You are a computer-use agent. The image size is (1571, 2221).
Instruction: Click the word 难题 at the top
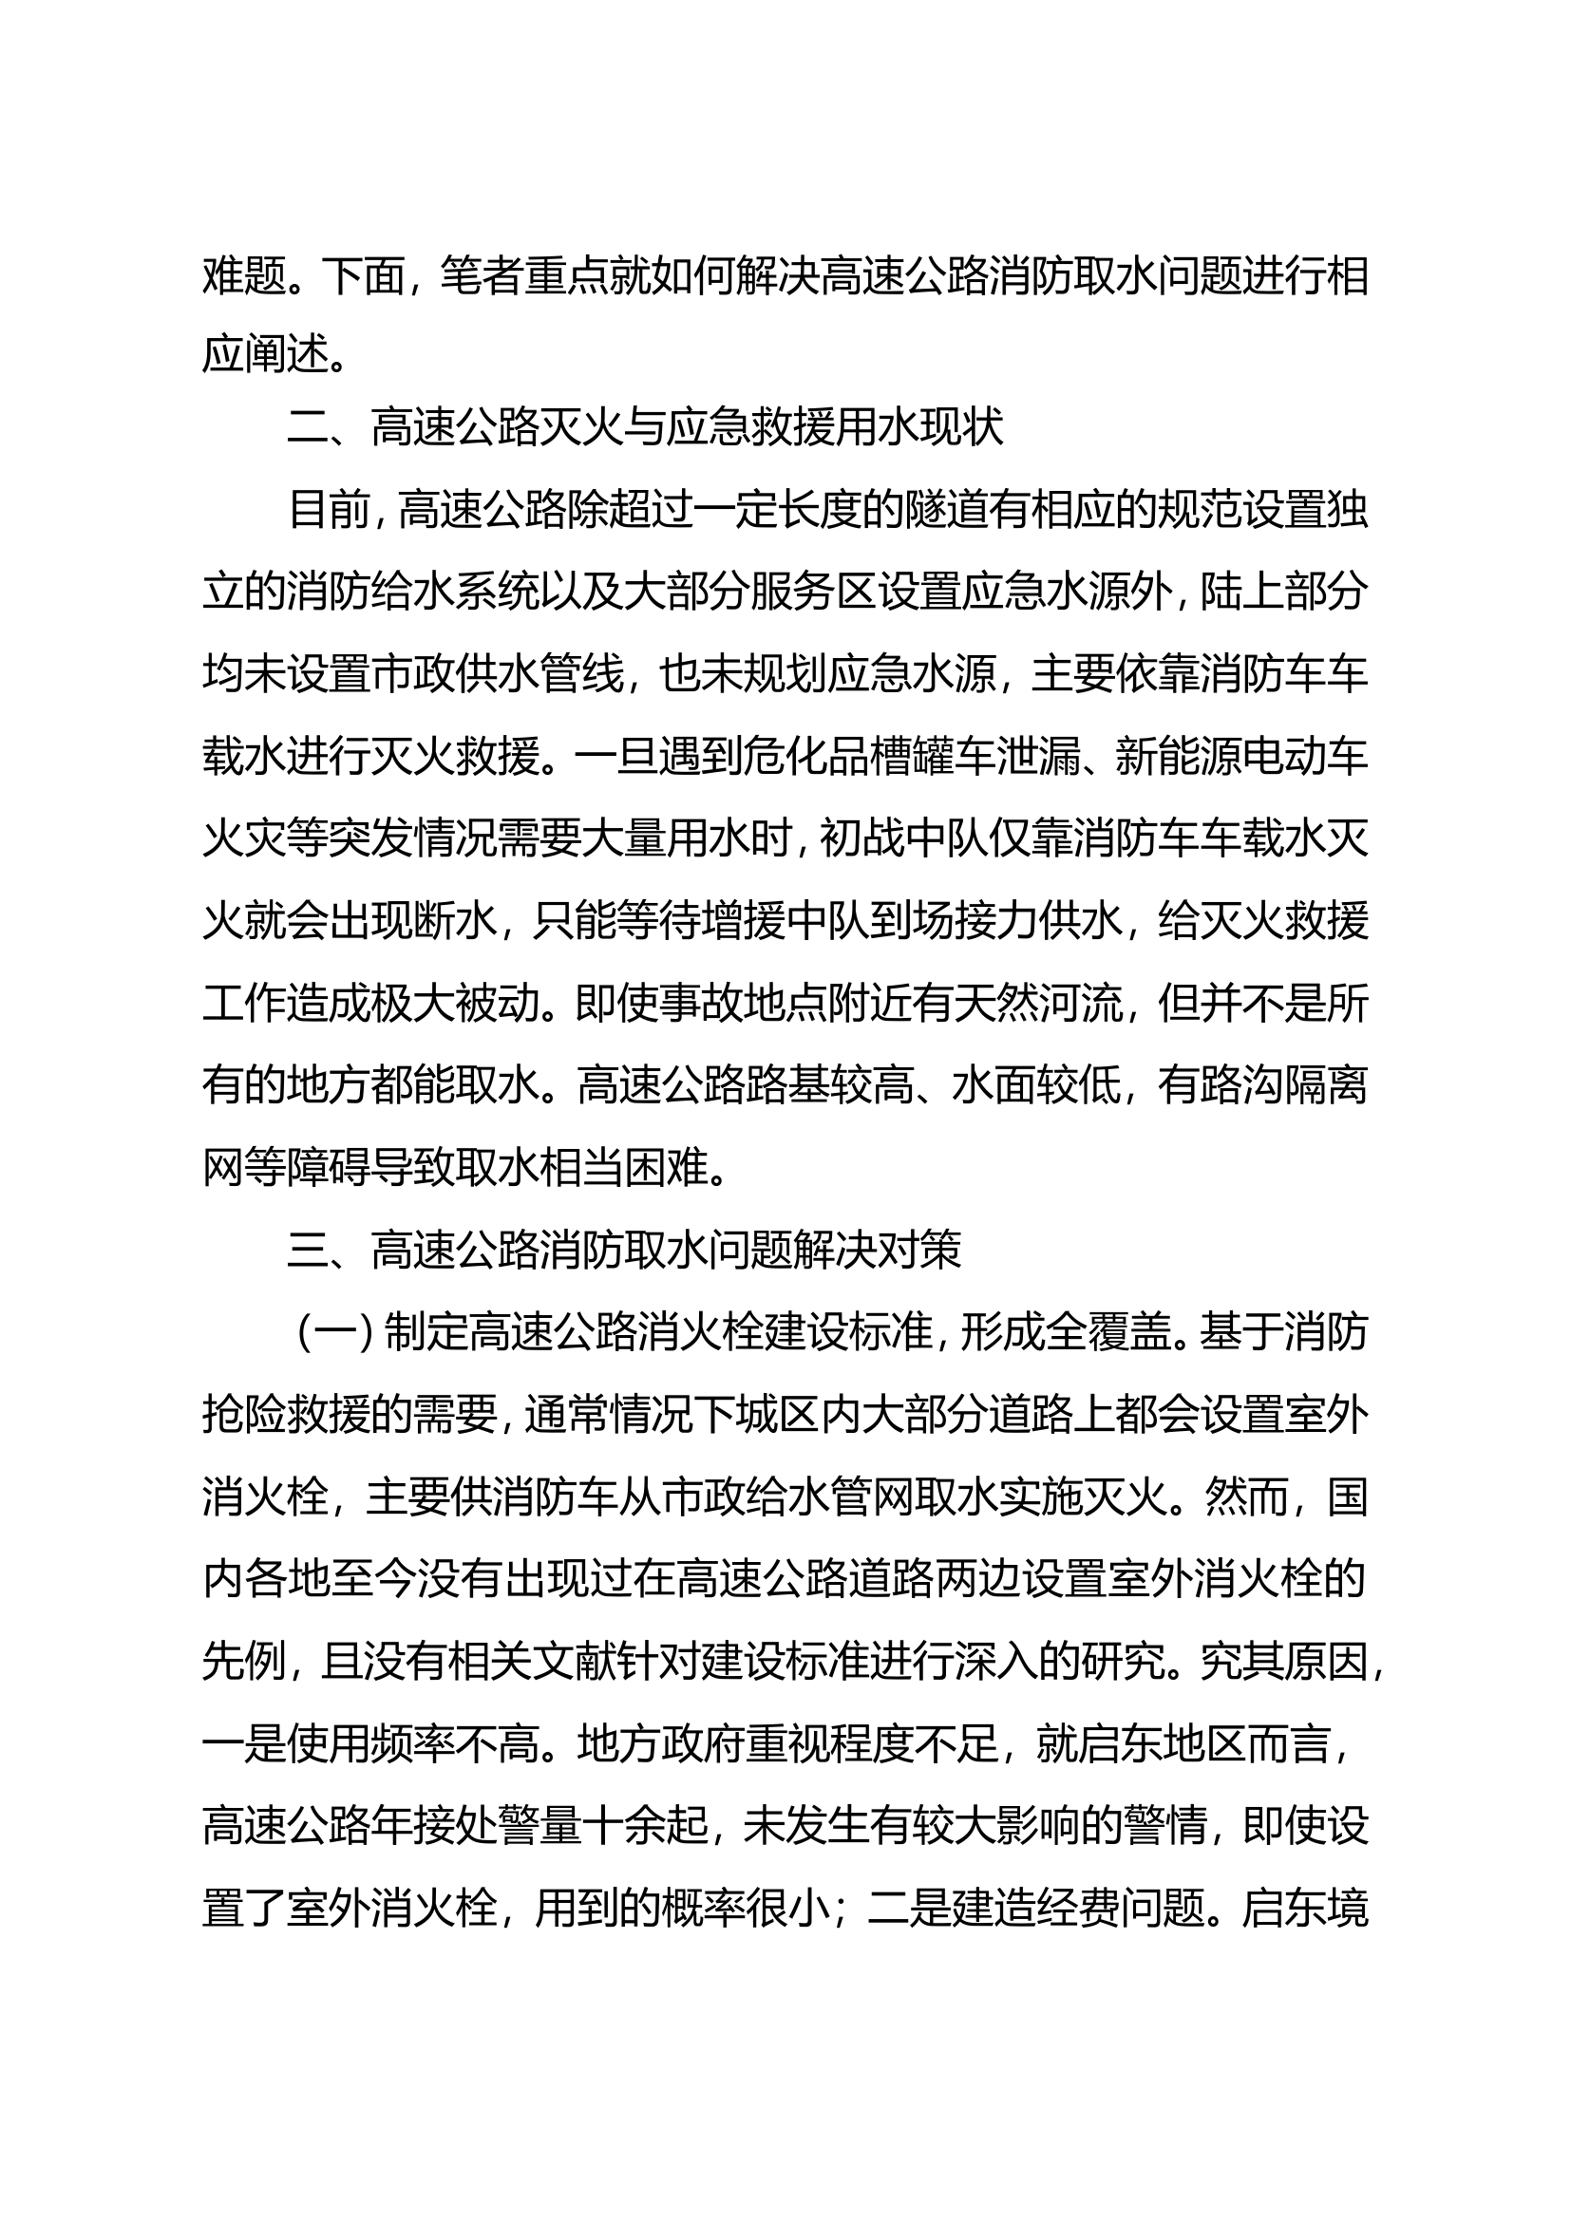coord(244,276)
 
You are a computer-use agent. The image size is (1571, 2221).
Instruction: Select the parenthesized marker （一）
coord(333,1335)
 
